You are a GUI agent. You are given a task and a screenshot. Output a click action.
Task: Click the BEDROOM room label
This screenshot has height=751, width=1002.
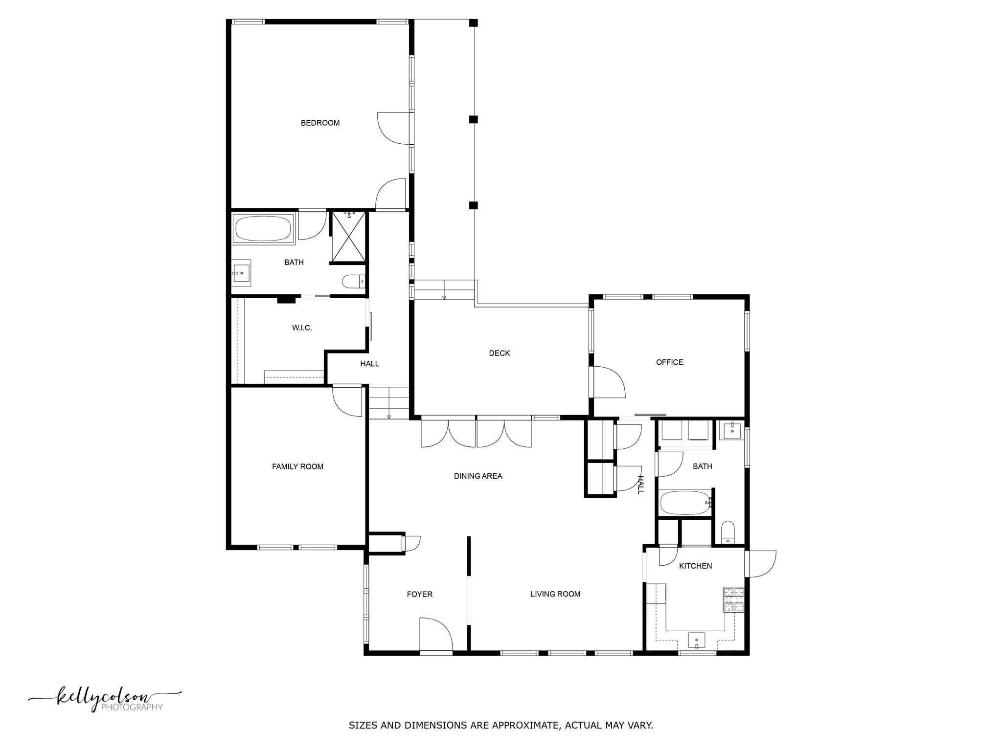click(320, 123)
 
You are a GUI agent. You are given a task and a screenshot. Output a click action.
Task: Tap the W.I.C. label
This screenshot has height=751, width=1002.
click(302, 328)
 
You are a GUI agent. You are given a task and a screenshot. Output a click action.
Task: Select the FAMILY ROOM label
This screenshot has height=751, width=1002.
click(297, 467)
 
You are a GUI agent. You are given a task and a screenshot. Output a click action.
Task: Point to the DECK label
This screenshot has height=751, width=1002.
click(500, 353)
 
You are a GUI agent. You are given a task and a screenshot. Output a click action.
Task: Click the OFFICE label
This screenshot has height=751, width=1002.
click(669, 362)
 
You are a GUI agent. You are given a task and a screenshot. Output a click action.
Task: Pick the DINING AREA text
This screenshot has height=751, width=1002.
click(478, 476)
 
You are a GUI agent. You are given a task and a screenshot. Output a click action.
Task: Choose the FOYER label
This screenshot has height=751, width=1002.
click(420, 595)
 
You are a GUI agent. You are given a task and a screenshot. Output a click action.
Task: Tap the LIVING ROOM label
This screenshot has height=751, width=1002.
click(555, 595)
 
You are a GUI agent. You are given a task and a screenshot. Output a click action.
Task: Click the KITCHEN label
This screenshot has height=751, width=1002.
click(695, 566)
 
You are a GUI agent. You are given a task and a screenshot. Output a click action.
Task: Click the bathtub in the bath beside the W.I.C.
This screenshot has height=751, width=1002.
click(264, 228)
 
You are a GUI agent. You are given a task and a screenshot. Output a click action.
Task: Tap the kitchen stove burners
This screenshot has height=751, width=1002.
click(733, 600)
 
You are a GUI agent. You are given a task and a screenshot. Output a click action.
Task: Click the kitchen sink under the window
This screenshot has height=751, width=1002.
click(697, 640)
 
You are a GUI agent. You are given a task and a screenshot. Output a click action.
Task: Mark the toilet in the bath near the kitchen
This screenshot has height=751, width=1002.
click(728, 532)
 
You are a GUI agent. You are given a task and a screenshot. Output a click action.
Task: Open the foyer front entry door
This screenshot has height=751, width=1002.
click(435, 635)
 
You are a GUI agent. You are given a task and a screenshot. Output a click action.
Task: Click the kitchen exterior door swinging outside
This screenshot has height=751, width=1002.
click(761, 564)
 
